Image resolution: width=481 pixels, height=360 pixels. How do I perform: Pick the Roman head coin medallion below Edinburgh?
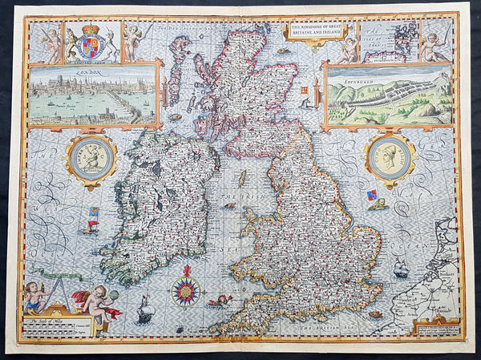(388, 156)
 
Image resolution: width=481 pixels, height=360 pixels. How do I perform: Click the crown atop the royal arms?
(90, 29)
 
